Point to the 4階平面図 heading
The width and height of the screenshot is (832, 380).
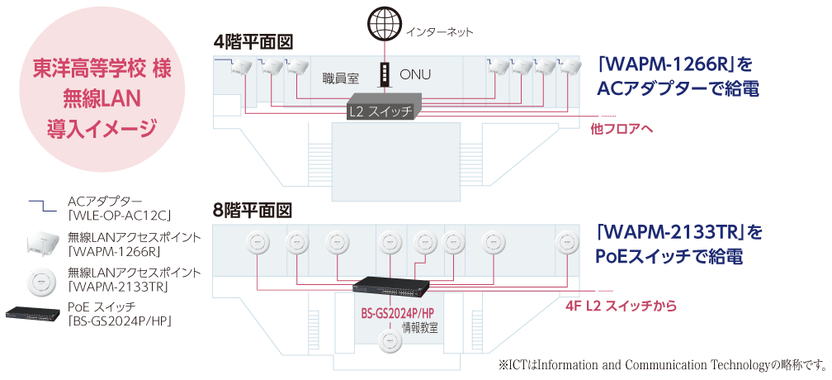point(253,40)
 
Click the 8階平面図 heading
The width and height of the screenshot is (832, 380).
point(253,209)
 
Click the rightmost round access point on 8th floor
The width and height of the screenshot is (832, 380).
point(566,243)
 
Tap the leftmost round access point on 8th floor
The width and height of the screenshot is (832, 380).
point(252,243)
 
